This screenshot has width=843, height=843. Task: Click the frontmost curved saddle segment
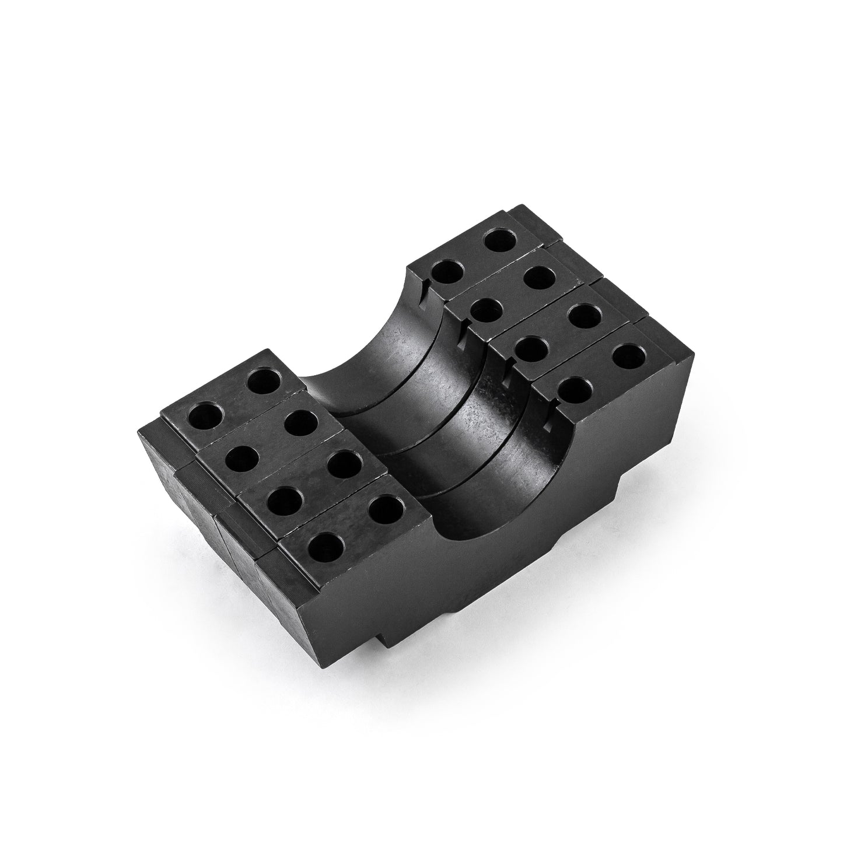pyautogui.click(x=467, y=496)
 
